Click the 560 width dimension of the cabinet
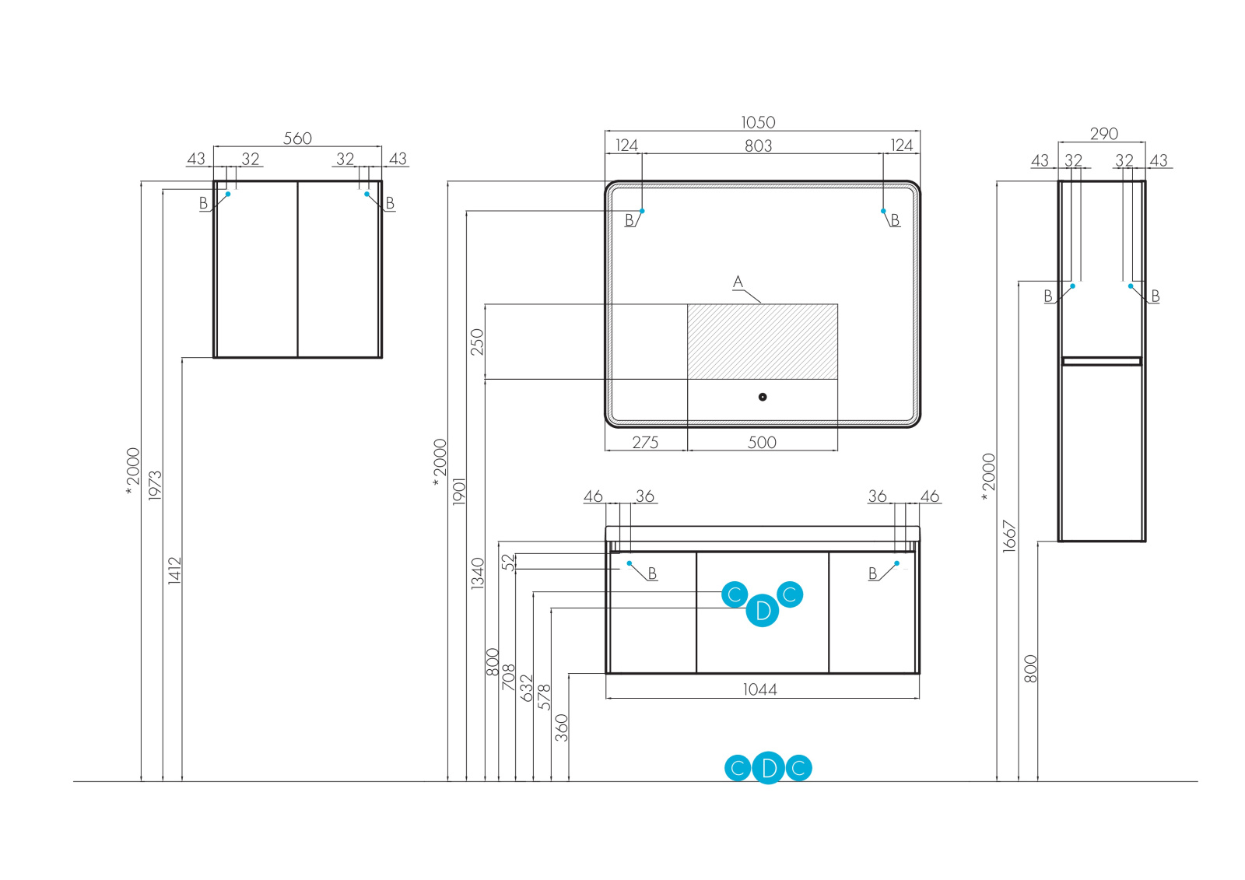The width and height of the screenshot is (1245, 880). tap(297, 138)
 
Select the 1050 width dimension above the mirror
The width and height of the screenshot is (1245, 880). tap(758, 122)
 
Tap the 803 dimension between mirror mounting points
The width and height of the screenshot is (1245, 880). tap(758, 145)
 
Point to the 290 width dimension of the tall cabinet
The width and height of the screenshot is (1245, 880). tap(1104, 134)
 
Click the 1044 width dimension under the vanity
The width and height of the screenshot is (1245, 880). tap(759, 690)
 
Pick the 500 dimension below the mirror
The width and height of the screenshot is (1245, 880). tap(762, 443)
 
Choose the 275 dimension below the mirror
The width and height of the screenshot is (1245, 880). tap(645, 443)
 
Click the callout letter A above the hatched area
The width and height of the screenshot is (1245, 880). tap(738, 282)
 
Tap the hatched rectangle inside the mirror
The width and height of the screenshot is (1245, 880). tap(762, 342)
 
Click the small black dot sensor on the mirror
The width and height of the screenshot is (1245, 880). tap(763, 397)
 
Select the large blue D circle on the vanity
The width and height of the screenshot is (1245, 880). tap(763, 610)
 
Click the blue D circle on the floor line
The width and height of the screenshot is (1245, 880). tap(769, 768)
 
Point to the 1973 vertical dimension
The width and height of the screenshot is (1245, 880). tap(155, 486)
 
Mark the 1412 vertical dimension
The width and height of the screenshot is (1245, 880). tap(174, 570)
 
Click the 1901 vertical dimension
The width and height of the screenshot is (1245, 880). tap(458, 492)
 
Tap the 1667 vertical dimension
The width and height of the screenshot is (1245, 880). tap(1009, 536)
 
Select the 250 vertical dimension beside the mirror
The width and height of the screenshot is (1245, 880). tap(477, 342)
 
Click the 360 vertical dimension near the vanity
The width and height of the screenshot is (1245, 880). tap(561, 727)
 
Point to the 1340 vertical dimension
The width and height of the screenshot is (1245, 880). tap(478, 573)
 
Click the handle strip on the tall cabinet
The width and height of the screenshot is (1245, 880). tap(1102, 361)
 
